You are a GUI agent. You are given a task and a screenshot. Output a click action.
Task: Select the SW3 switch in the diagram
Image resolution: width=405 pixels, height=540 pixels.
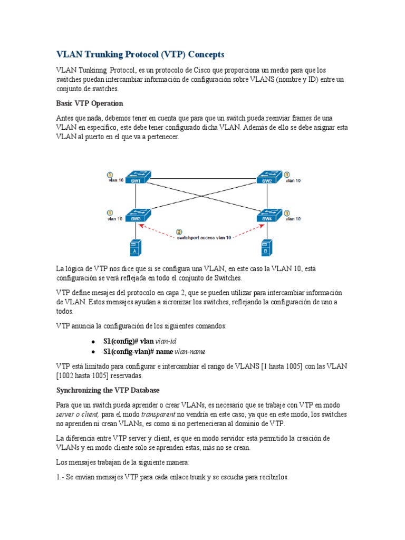[138, 216]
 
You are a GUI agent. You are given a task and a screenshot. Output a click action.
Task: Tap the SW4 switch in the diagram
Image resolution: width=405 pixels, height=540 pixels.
[267, 216]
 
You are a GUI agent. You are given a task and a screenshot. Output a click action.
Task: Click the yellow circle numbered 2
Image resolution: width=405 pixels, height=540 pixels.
[179, 232]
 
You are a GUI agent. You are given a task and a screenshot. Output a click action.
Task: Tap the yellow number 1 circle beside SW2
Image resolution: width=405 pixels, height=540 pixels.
[287, 175]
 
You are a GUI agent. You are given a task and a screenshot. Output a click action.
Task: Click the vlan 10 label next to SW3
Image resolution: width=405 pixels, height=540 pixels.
[115, 218]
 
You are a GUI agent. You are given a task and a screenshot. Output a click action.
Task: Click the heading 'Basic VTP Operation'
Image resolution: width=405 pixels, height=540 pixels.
[90, 103]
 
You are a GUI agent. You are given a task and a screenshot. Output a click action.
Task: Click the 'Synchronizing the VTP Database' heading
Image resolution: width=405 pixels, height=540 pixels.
[108, 390]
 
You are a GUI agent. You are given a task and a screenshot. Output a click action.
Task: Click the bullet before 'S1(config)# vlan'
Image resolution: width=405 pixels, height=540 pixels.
[93, 342]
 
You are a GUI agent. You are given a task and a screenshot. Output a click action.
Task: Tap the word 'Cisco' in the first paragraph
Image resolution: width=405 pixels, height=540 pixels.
[203, 70]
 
